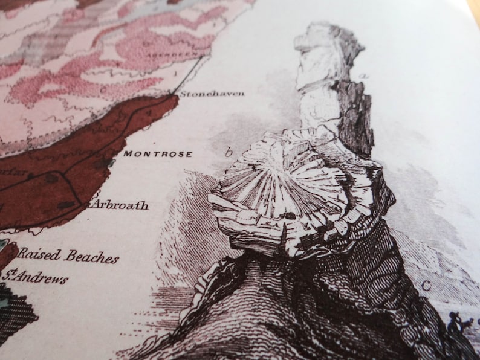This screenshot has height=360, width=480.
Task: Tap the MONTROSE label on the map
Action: (x=158, y=154)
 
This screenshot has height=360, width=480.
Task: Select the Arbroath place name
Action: (x=120, y=205)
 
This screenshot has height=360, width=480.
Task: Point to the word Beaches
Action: (x=92, y=258)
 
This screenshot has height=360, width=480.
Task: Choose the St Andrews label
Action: (x=35, y=277)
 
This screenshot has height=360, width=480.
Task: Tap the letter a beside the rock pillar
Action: (x=364, y=76)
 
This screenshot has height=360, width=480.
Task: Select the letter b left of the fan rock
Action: (x=229, y=152)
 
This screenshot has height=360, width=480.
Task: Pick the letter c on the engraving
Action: (x=426, y=287)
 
